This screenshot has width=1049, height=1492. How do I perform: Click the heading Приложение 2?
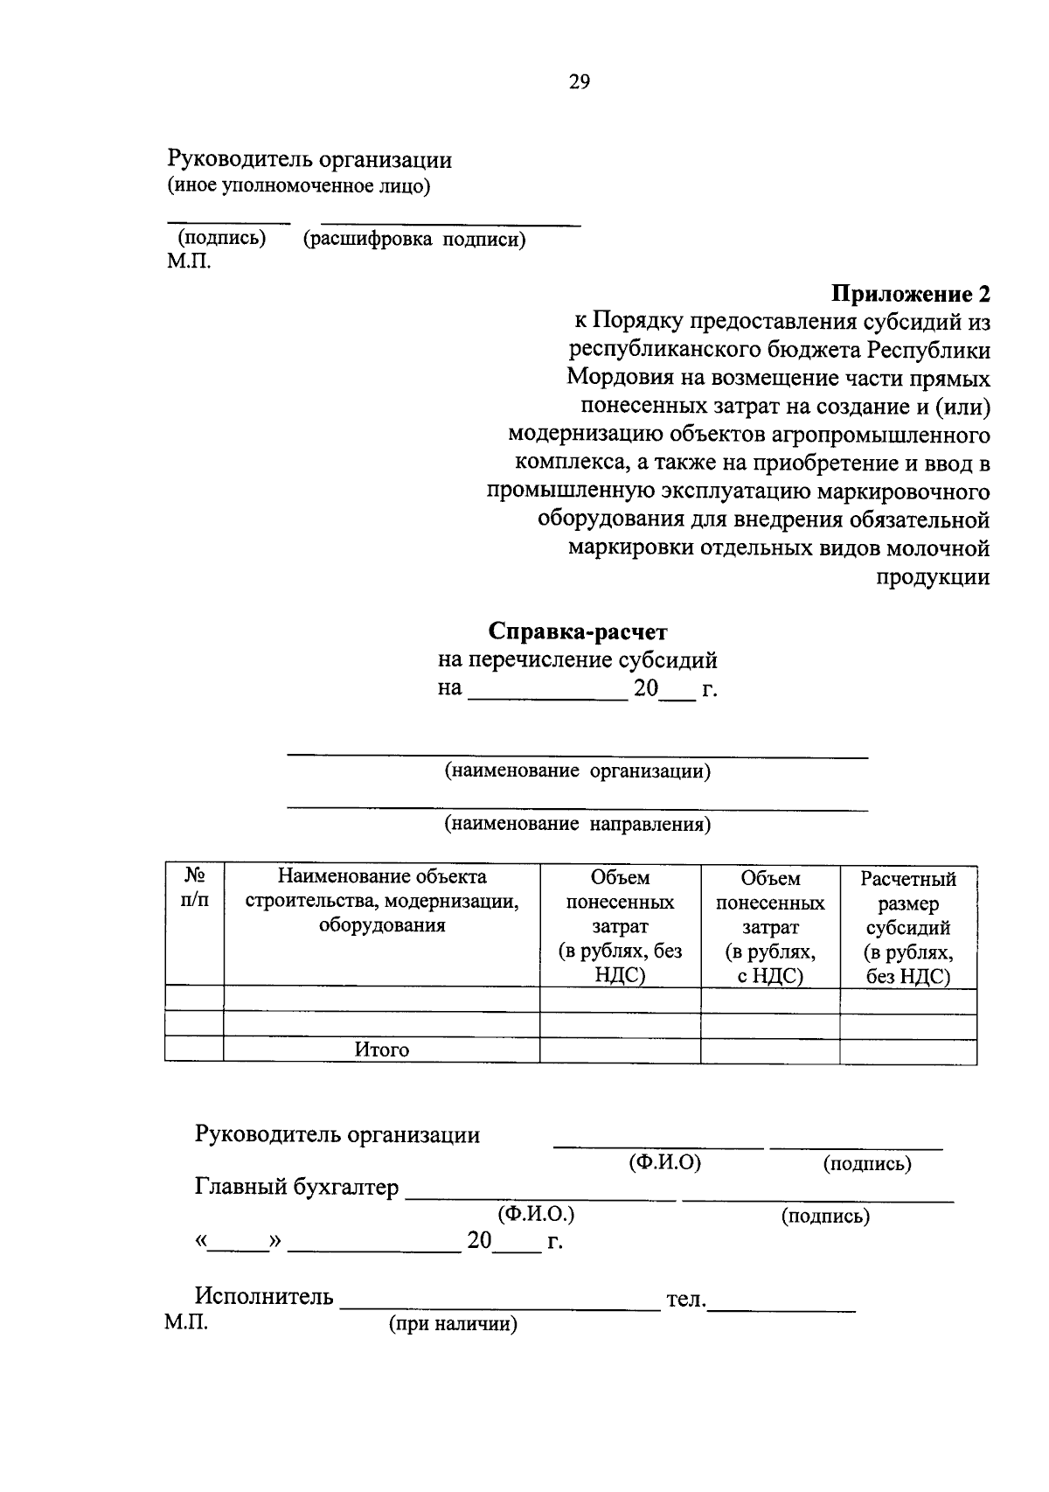coord(910,293)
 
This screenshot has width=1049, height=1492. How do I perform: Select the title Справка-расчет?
coord(578,631)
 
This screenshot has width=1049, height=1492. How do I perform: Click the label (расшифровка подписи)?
coord(414,240)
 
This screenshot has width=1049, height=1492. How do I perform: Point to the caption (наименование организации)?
coord(577,771)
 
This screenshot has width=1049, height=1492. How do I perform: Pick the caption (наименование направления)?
coord(577,824)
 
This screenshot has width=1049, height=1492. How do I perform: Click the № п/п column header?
coord(194,889)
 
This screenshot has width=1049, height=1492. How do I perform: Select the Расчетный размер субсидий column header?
coord(907,927)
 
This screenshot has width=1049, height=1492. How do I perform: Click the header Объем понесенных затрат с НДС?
coord(769,927)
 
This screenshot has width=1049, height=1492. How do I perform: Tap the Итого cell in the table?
coord(381,1049)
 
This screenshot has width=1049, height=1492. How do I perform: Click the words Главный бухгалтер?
coord(296,1188)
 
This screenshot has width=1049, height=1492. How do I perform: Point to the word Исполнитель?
coord(264,1296)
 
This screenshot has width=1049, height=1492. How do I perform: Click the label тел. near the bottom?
coord(685,1300)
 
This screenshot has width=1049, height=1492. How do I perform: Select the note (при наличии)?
coord(453,1325)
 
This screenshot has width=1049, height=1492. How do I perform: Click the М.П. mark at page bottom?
coord(185,1322)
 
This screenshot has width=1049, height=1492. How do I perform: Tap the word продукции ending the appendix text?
coord(933,577)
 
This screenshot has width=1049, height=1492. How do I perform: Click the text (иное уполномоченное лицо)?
coord(299,186)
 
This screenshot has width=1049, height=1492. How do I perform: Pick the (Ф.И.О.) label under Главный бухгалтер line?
coord(536,1214)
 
